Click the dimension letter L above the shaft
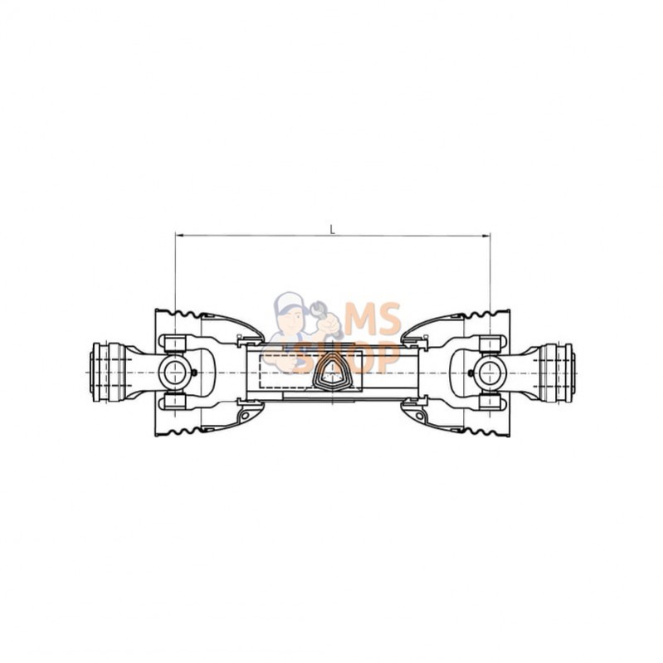pos(333,230)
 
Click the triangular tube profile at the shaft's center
pos(331,373)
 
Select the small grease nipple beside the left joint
pos(194,373)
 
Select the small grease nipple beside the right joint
pos(470,373)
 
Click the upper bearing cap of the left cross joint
pos(174,343)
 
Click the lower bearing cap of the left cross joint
pos(174,403)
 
